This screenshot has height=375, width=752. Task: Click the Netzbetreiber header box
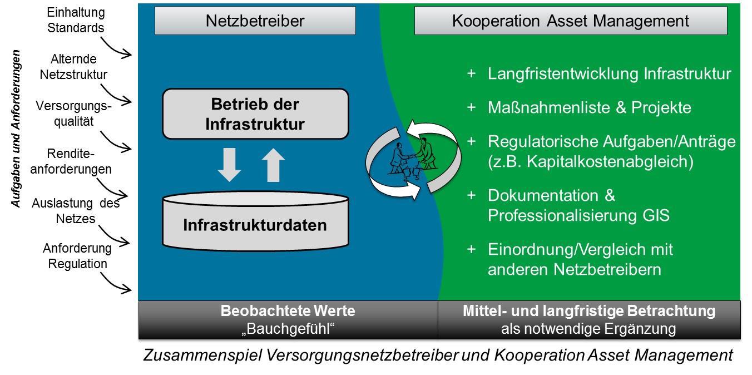(x=255, y=21)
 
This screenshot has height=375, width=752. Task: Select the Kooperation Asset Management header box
(x=571, y=21)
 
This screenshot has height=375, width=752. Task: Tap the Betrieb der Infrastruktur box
(x=255, y=114)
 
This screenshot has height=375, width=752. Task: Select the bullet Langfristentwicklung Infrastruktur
(x=609, y=74)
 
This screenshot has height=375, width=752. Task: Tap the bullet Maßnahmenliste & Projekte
(x=589, y=107)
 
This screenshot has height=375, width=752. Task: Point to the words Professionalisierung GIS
(x=578, y=215)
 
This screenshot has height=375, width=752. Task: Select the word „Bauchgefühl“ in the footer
(x=288, y=328)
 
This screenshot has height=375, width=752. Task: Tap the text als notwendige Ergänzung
(x=588, y=328)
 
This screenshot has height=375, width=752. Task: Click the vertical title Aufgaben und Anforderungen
(x=17, y=129)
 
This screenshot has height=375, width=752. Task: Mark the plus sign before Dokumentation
(x=471, y=195)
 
